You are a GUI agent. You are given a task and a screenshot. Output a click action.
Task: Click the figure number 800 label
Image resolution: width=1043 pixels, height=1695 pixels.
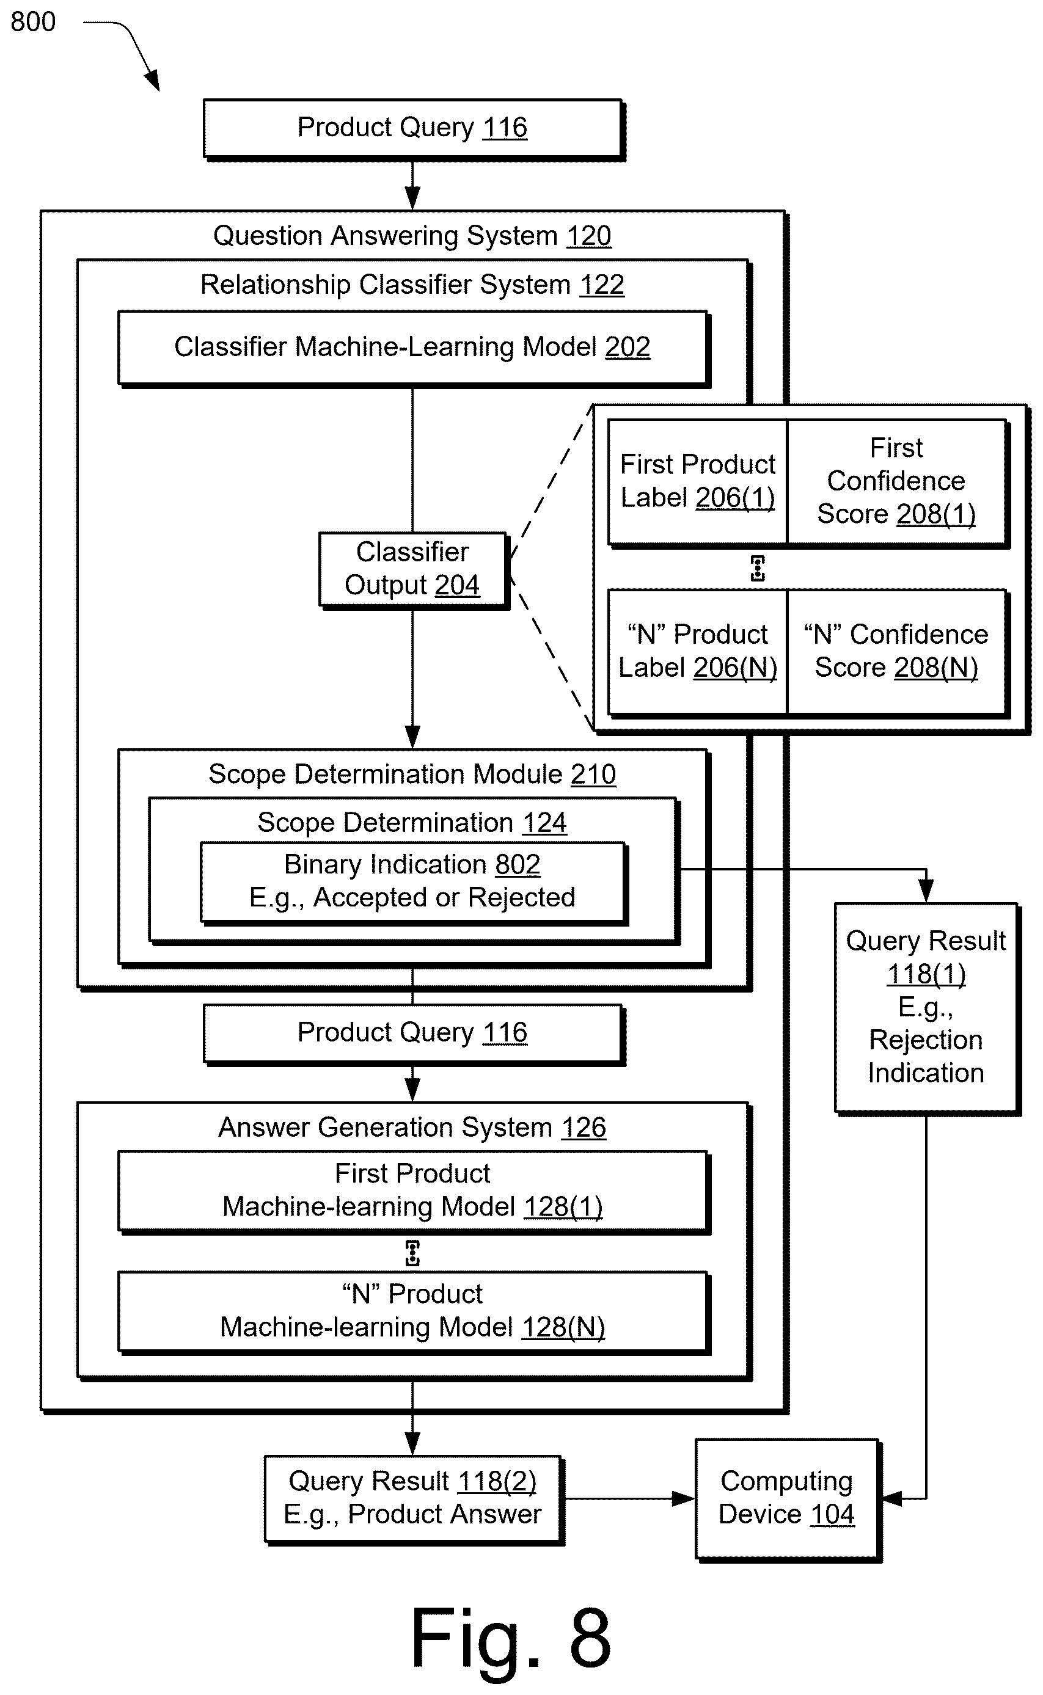point(32,22)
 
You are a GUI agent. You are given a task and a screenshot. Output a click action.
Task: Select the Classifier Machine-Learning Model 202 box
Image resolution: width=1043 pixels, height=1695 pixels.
point(413,348)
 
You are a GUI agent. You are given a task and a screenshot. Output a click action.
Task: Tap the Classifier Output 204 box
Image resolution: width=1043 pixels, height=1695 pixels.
point(412,569)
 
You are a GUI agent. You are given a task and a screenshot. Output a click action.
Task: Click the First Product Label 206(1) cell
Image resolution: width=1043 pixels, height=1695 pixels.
point(697,481)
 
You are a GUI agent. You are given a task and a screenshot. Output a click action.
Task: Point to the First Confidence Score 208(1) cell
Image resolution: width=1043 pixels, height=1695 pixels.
point(897,481)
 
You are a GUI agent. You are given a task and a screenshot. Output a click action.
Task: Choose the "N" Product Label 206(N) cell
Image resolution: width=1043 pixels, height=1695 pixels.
point(697,652)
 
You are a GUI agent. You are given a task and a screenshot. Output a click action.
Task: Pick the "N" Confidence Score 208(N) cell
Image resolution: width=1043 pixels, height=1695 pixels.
point(897,652)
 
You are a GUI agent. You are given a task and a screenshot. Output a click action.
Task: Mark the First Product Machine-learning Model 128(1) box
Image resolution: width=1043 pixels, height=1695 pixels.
point(412,1191)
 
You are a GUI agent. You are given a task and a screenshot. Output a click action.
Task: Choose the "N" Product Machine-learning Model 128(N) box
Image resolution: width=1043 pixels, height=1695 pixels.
point(412,1311)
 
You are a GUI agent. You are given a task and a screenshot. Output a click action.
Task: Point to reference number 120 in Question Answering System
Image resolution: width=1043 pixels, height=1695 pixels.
point(588,236)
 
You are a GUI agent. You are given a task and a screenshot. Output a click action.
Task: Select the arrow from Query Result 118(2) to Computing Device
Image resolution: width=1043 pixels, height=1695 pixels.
point(628,1498)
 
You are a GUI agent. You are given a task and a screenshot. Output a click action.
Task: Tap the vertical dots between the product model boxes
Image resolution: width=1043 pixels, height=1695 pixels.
point(412,1252)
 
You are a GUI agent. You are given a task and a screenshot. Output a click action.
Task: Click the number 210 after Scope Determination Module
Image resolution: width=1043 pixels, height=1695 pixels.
point(593,775)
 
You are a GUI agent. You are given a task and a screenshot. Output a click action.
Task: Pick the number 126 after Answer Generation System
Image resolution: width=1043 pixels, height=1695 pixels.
point(584,1128)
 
